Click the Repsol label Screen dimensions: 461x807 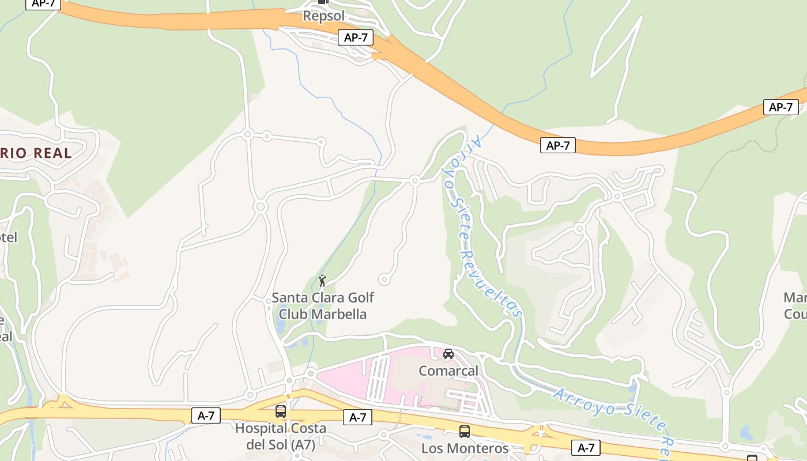323,16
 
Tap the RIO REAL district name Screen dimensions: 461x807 36,153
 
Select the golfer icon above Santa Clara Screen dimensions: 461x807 322,281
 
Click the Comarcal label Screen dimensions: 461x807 448,371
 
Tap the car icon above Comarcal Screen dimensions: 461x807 448,353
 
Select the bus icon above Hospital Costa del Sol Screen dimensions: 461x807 281,411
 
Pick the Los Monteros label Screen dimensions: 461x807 465,448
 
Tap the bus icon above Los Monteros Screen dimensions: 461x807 464,431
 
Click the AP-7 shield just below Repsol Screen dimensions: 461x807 356,38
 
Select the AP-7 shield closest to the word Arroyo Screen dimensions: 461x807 558,145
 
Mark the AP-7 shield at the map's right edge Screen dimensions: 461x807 780,107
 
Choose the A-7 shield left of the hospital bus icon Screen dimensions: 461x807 206,415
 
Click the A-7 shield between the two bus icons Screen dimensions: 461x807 357,417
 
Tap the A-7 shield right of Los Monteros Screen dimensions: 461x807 586,447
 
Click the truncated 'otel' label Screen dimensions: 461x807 9,237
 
